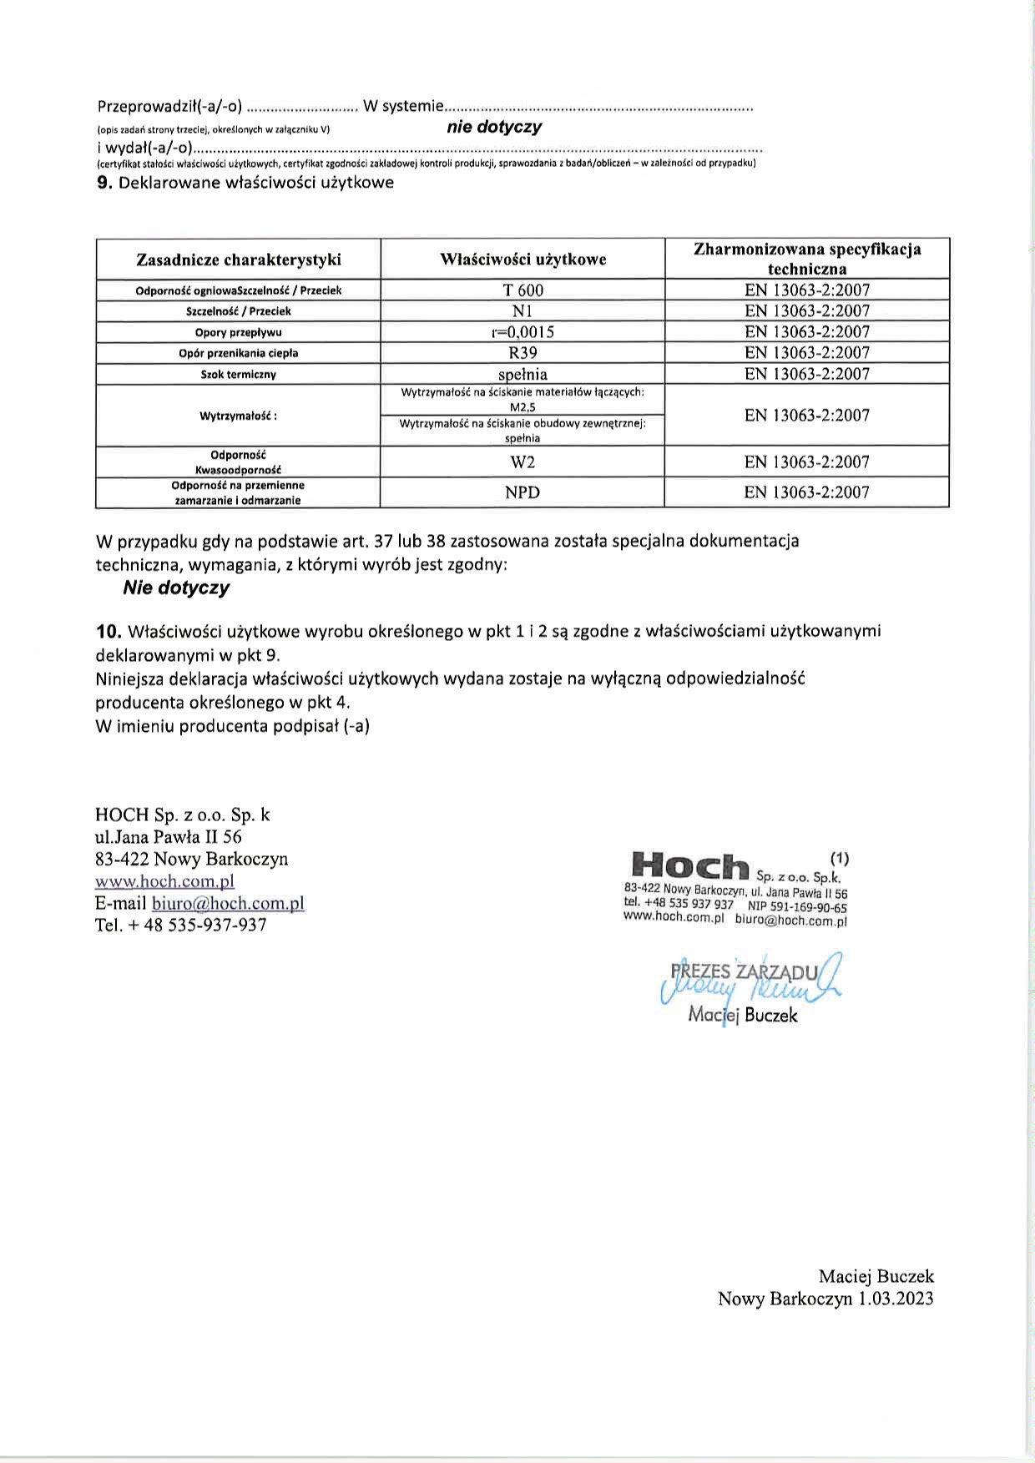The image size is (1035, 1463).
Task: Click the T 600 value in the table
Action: (523, 290)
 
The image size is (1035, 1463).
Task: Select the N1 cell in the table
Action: (523, 311)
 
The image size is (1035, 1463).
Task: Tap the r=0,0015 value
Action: (523, 332)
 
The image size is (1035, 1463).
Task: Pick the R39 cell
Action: (523, 353)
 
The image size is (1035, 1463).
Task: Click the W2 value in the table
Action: (523, 462)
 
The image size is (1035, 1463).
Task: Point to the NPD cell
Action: (523, 492)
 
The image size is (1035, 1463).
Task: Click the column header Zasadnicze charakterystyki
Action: (239, 260)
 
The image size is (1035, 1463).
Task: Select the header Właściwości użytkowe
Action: (523, 260)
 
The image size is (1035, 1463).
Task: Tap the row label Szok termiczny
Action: (239, 375)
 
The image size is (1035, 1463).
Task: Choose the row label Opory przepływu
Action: (239, 332)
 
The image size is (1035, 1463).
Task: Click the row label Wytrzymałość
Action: (239, 416)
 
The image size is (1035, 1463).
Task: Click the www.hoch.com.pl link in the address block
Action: (165, 881)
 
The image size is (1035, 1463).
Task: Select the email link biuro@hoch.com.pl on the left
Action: (228, 903)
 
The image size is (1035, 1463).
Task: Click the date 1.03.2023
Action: (896, 1299)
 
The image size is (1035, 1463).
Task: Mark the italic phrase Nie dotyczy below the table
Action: (176, 588)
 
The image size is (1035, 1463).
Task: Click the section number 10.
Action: (109, 631)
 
